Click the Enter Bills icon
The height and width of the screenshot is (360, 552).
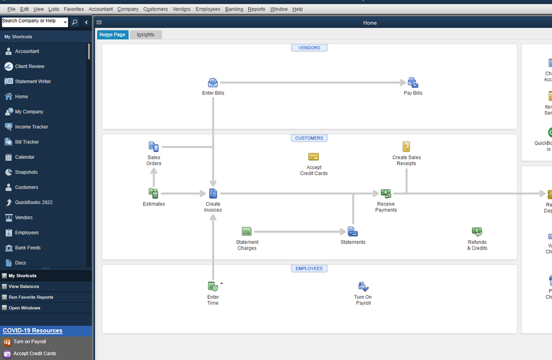pyautogui.click(x=213, y=83)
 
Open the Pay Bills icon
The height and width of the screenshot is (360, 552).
pyautogui.click(x=413, y=83)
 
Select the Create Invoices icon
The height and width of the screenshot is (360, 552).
pyautogui.click(x=213, y=193)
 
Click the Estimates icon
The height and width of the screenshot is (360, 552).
pyautogui.click(x=154, y=193)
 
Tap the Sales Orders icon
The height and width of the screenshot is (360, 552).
pyautogui.click(x=154, y=147)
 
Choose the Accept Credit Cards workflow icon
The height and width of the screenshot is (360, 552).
pyautogui.click(x=313, y=157)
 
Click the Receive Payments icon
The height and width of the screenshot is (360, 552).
pyautogui.click(x=386, y=193)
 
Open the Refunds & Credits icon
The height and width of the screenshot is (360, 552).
pyautogui.click(x=477, y=232)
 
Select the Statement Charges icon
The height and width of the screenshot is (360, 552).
pyautogui.click(x=246, y=231)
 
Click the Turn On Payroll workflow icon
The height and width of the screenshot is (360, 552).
pyautogui.click(x=363, y=287)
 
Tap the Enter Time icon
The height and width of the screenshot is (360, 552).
pyautogui.click(x=213, y=286)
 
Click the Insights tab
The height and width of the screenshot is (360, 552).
pyautogui.click(x=146, y=34)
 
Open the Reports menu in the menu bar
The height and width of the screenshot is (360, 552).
pyautogui.click(x=256, y=9)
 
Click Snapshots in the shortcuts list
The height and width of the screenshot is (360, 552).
pyautogui.click(x=27, y=172)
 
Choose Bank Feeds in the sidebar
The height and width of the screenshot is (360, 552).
pyautogui.click(x=28, y=248)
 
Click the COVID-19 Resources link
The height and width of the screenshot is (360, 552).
pyautogui.click(x=33, y=331)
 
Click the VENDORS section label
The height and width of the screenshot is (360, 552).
pyautogui.click(x=309, y=47)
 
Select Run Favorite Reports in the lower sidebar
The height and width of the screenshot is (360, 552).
pyautogui.click(x=31, y=297)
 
